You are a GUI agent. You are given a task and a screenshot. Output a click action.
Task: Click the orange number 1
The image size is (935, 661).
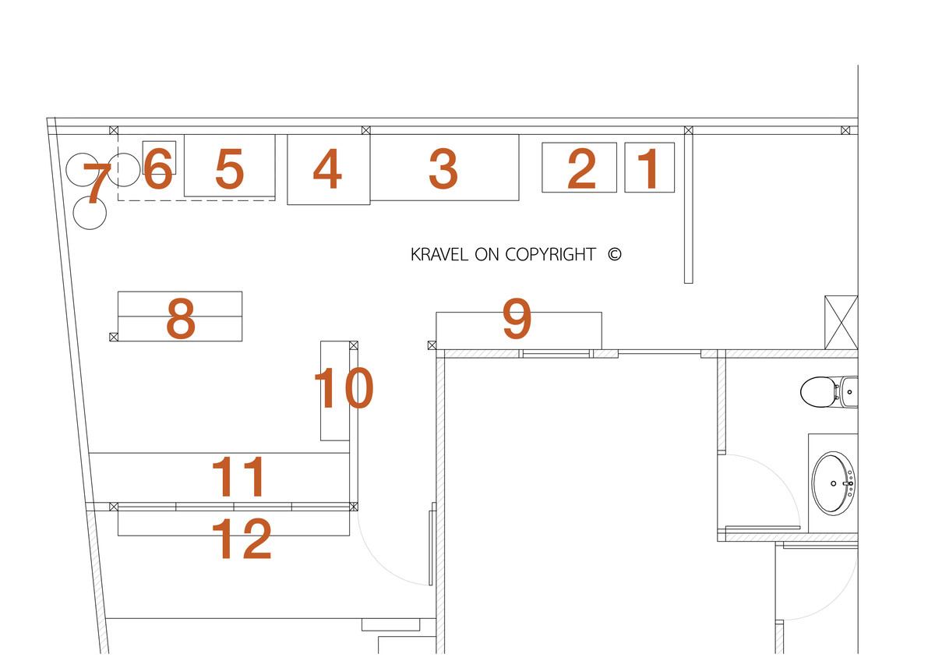650,169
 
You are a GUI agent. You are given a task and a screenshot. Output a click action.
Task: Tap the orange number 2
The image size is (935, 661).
581,169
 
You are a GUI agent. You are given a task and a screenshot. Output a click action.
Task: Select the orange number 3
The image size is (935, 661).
443,169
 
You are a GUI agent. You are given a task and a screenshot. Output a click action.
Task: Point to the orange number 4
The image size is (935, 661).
328,169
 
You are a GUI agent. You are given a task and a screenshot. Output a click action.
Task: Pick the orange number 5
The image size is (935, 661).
230,169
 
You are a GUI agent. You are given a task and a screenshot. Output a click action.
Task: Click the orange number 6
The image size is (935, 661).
157,168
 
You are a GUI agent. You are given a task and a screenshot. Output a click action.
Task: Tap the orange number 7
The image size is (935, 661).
97,184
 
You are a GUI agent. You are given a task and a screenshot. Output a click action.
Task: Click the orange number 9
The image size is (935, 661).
517,318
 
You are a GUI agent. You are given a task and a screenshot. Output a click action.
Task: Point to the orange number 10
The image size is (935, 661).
344,388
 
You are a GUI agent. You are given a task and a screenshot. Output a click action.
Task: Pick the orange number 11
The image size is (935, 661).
238,476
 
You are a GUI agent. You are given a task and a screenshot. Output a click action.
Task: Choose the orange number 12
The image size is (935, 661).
242,539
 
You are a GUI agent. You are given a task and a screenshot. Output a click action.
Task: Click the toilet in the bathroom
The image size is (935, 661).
828,391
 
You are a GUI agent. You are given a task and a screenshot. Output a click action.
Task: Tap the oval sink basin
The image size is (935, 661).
834,483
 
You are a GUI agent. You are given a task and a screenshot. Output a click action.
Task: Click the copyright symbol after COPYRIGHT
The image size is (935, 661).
615,254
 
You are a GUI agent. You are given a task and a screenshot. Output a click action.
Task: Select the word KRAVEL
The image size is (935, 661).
439,254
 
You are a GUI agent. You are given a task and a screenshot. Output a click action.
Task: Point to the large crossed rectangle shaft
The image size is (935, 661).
841,323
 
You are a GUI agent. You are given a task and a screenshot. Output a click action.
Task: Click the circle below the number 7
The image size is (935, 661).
90,213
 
